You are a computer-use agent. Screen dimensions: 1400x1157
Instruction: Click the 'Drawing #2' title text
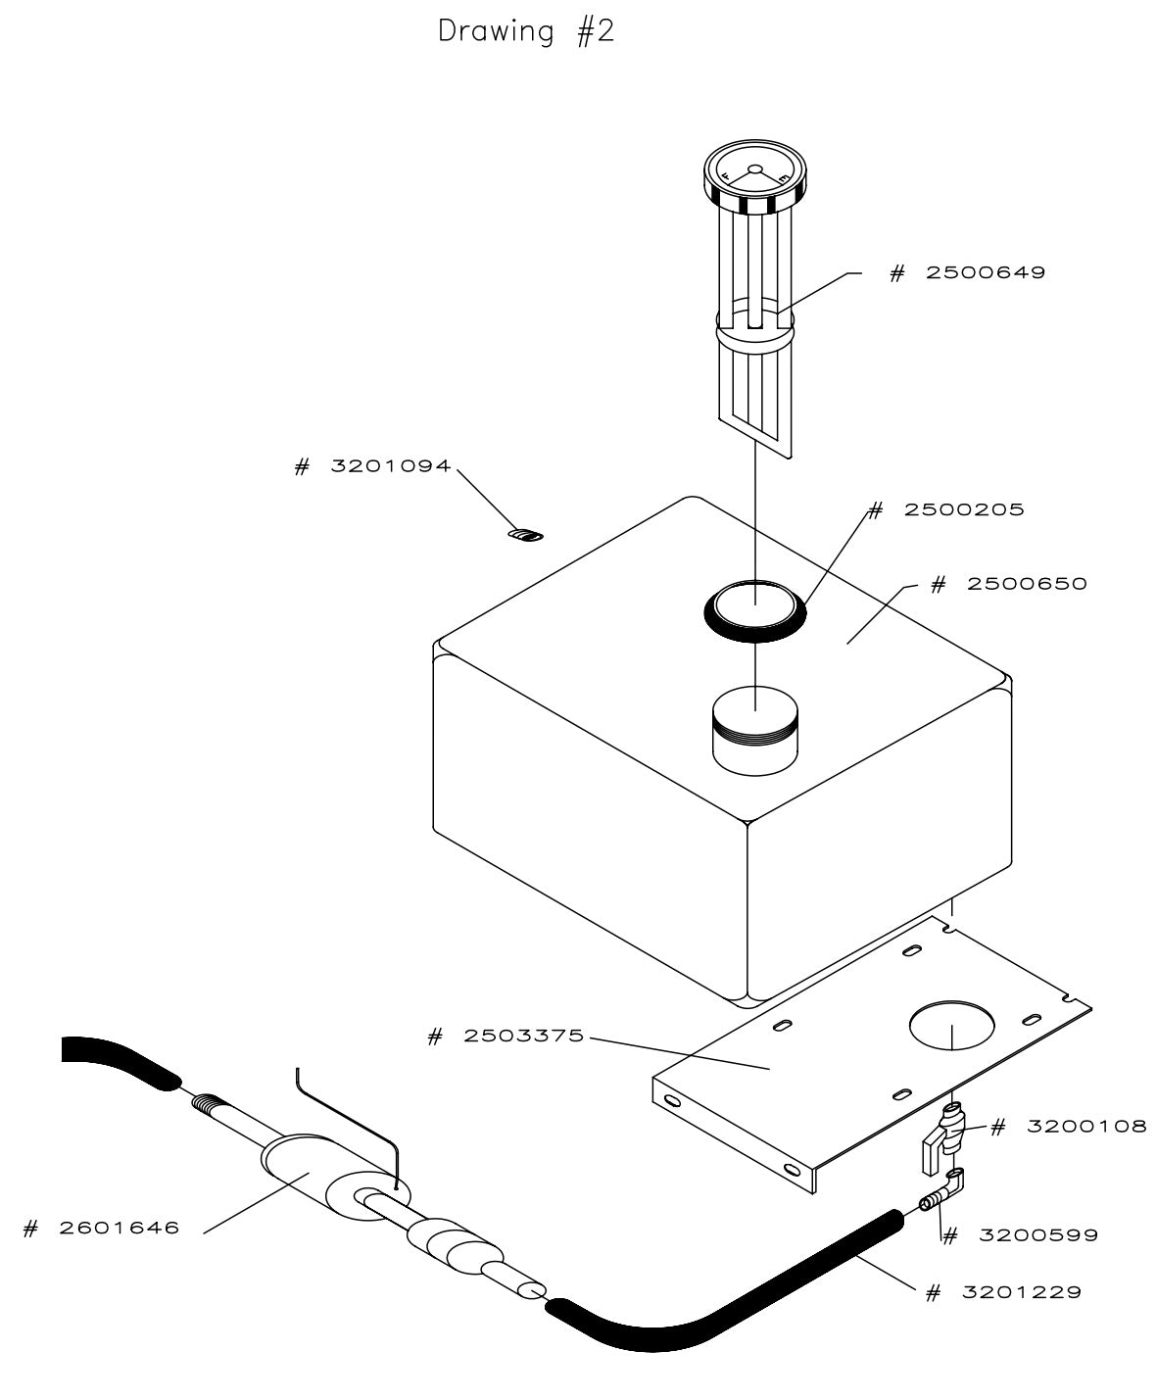pyautogui.click(x=526, y=31)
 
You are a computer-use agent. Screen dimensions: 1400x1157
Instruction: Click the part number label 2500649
pyautogui.click(x=967, y=272)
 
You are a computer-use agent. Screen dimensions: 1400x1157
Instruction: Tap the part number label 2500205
pyautogui.click(x=947, y=509)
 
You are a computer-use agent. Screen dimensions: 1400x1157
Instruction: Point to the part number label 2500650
pyautogui.click(x=1008, y=584)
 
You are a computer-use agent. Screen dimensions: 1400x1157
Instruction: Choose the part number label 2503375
pyautogui.click(x=506, y=1036)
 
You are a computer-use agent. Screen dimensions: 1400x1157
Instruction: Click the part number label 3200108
pyautogui.click(x=1069, y=1127)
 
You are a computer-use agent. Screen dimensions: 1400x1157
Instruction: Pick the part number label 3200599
pyautogui.click(x=1020, y=1235)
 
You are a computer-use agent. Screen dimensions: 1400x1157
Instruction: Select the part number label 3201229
pyautogui.click(x=1004, y=1292)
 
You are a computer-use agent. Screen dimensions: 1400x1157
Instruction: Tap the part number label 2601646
pyautogui.click(x=102, y=1228)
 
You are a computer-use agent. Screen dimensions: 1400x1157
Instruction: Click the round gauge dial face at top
pyautogui.click(x=754, y=173)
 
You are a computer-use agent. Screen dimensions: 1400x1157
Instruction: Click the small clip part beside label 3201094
pyautogui.click(x=528, y=535)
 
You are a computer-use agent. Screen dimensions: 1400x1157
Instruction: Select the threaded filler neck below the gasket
pyautogui.click(x=754, y=732)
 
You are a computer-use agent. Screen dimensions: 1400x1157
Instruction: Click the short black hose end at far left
pyautogui.click(x=113, y=1059)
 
